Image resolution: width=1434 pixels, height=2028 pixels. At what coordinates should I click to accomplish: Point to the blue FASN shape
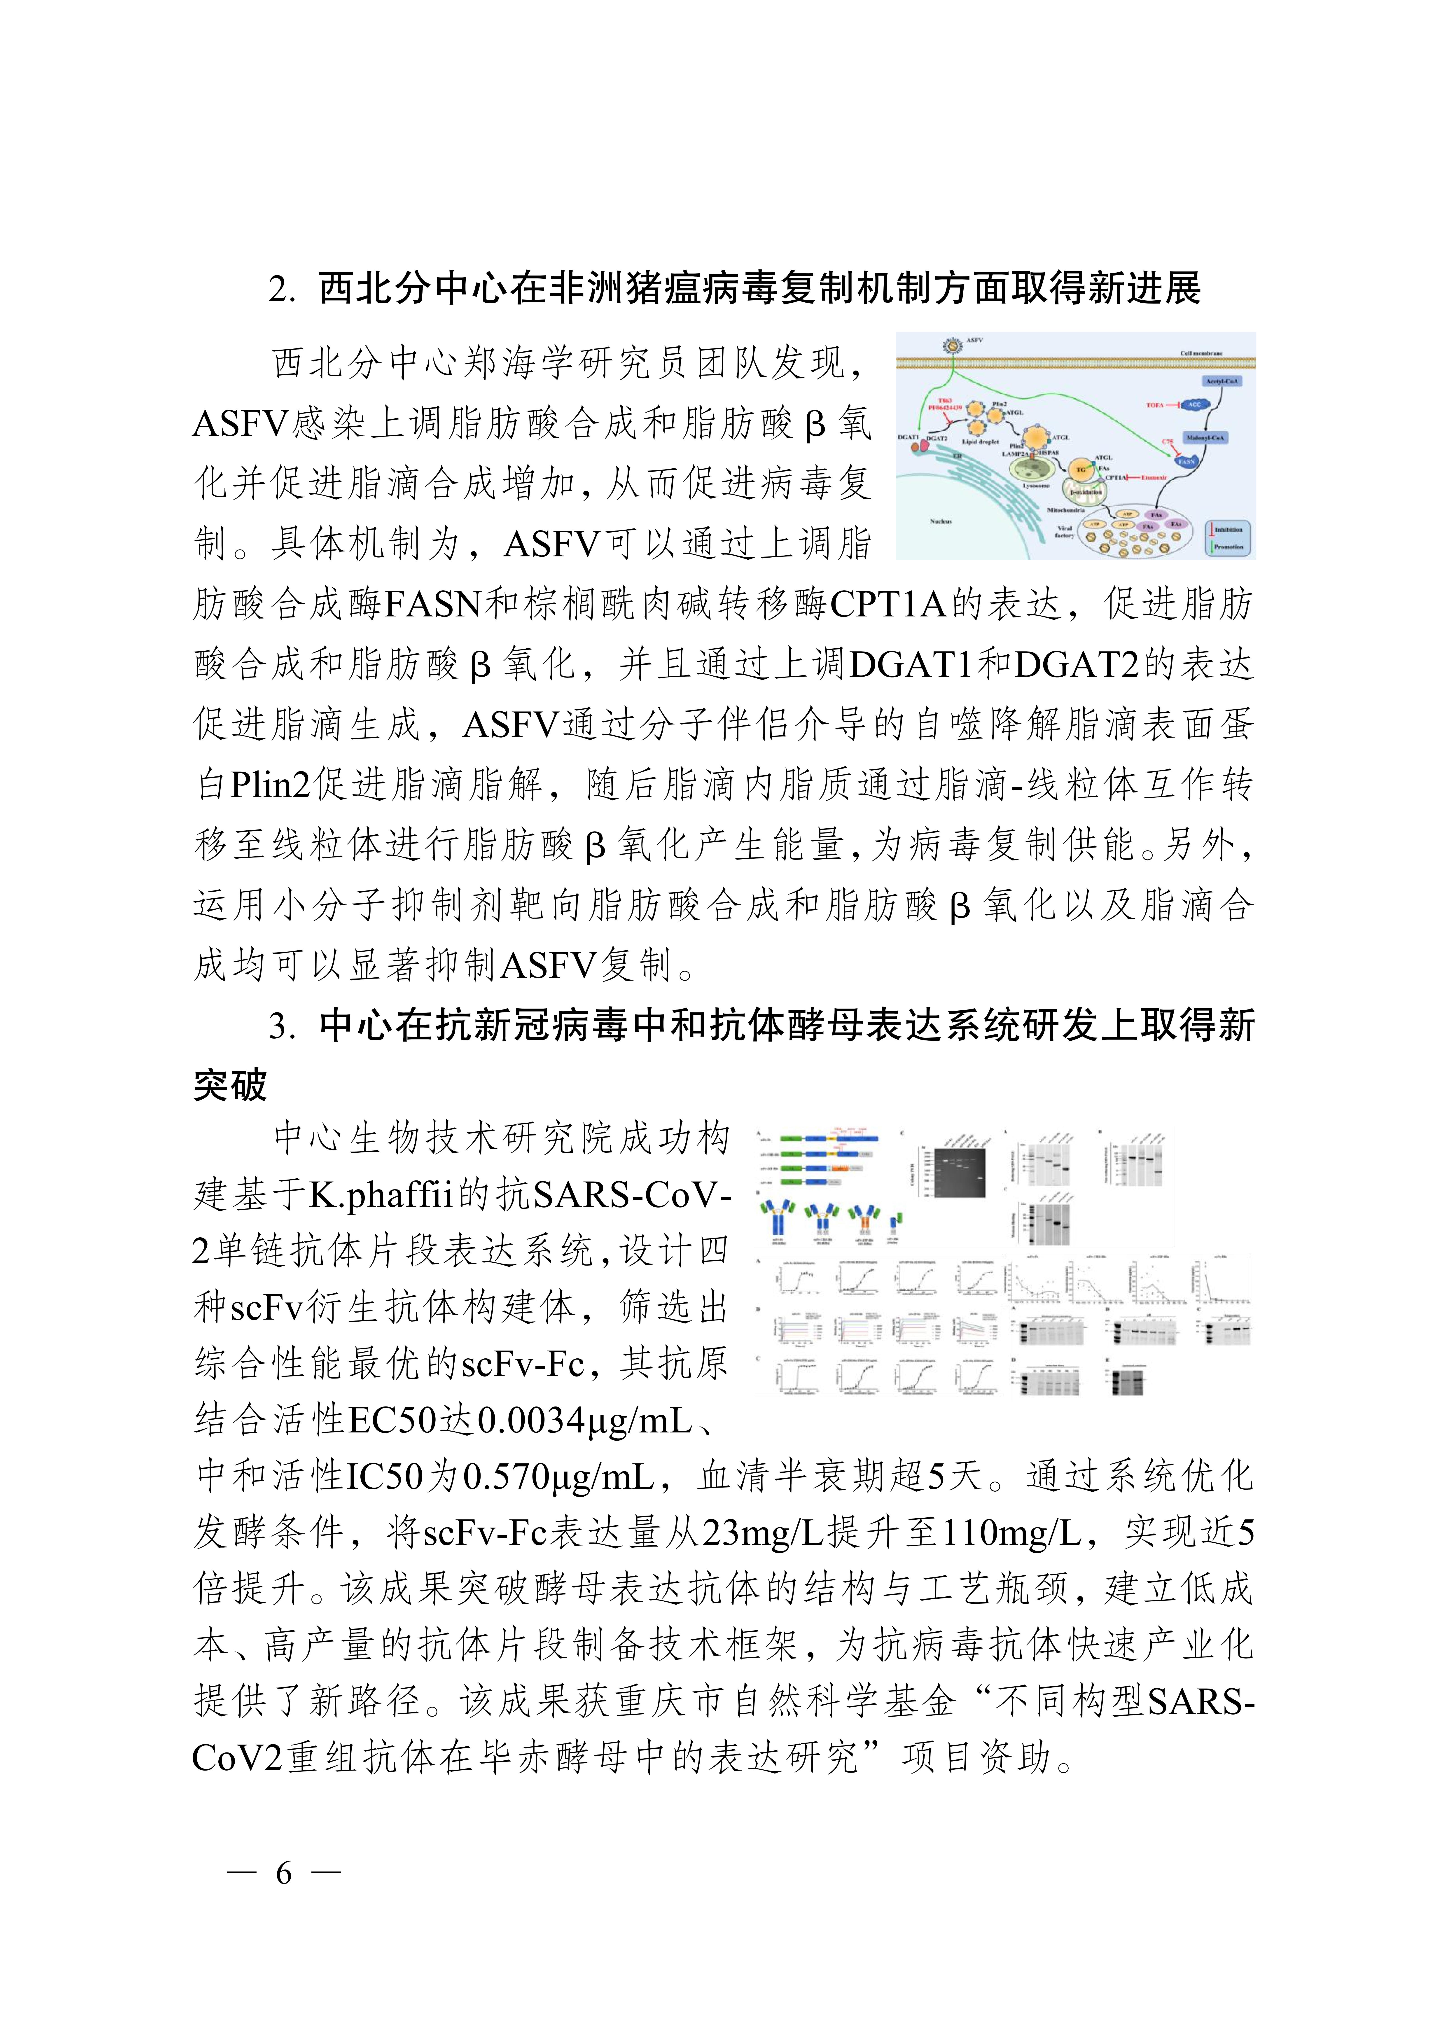click(1186, 460)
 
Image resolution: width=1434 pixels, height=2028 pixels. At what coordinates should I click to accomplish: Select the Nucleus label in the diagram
click(940, 521)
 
